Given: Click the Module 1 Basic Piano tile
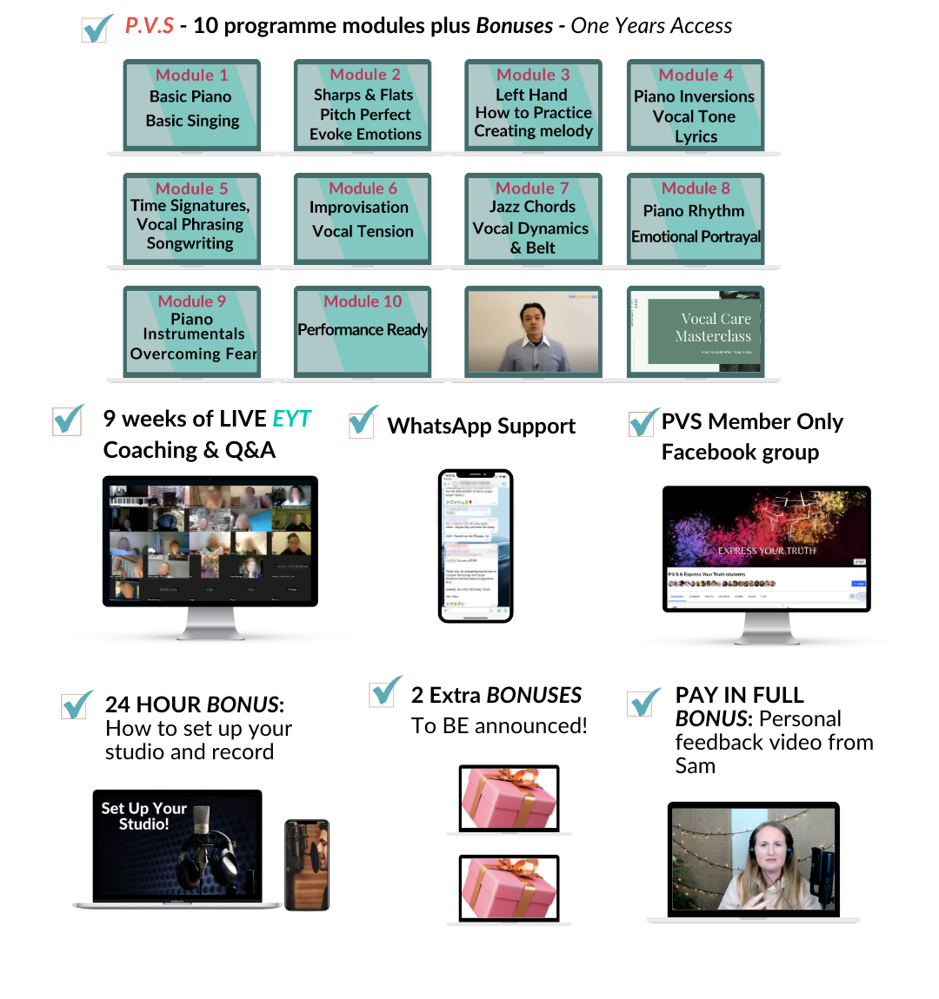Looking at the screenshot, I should (191, 105).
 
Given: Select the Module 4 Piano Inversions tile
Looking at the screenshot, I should (695, 105).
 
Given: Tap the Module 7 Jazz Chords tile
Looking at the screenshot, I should (532, 218).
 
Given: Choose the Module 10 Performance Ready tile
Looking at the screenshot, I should (363, 331).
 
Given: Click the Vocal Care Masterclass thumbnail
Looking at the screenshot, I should (696, 331).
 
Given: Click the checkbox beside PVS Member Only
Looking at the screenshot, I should (642, 423).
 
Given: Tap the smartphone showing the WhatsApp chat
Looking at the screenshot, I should (476, 546).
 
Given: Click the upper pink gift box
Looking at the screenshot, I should (509, 797).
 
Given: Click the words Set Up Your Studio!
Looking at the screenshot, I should (143, 816).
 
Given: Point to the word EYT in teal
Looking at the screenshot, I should (291, 420).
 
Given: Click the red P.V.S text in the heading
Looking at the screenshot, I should (150, 26).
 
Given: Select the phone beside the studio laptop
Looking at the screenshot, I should (307, 864).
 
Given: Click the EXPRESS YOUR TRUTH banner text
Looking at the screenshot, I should (766, 551).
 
